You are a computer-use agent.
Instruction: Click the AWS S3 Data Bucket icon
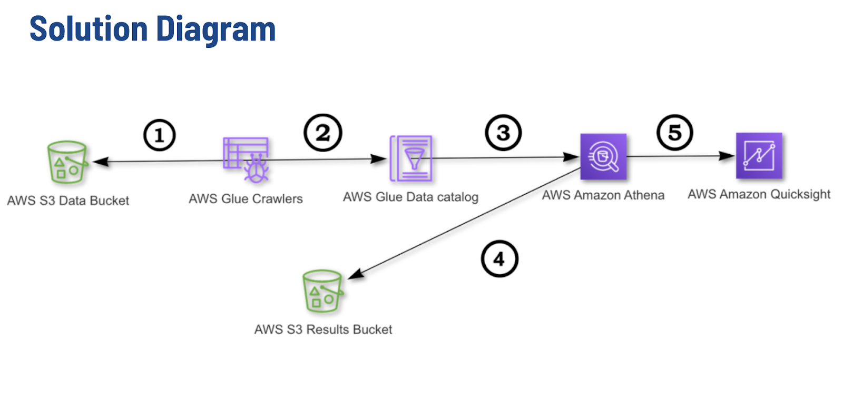(66, 162)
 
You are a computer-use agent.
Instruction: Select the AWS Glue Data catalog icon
(411, 158)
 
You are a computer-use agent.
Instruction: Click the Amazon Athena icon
(603, 156)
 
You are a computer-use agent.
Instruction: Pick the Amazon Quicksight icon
(759, 156)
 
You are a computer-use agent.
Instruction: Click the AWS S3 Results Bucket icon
(322, 291)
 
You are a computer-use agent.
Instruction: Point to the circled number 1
(159, 135)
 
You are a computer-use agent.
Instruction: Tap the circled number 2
(322, 133)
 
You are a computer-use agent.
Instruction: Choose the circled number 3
(503, 133)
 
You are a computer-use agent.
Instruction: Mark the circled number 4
(499, 259)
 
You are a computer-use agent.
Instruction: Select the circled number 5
(674, 133)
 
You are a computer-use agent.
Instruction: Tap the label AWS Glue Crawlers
(246, 199)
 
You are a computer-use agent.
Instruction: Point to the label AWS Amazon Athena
(603, 195)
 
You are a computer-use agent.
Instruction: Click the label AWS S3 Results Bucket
(323, 330)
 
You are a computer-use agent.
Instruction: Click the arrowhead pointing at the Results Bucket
(355, 274)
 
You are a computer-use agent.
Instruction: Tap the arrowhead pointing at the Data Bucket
(100, 162)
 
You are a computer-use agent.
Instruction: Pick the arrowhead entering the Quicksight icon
(728, 156)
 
